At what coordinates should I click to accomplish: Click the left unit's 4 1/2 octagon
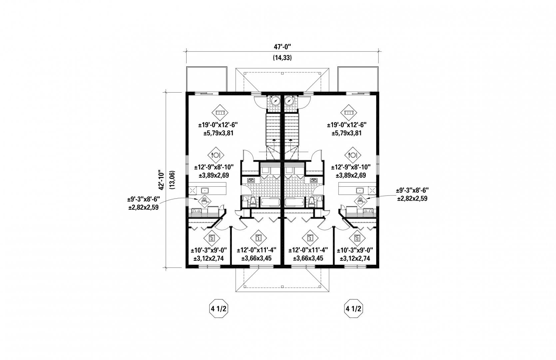(x=219, y=308)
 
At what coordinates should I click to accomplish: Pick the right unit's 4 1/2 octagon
(x=353, y=308)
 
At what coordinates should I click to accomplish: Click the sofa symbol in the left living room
(x=220, y=113)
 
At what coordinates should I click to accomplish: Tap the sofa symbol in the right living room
(x=348, y=113)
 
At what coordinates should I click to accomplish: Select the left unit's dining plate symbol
(x=216, y=155)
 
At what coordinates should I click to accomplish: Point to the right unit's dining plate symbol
(x=353, y=155)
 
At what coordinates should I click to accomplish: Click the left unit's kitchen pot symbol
(x=204, y=200)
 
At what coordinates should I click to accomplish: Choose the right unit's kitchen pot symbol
(x=360, y=200)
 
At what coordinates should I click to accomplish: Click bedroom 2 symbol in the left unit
(x=212, y=238)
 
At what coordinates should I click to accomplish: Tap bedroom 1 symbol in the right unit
(x=310, y=238)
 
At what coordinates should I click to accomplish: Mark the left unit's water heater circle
(x=276, y=101)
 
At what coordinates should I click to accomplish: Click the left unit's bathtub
(x=270, y=202)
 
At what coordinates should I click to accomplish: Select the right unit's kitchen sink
(x=360, y=191)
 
